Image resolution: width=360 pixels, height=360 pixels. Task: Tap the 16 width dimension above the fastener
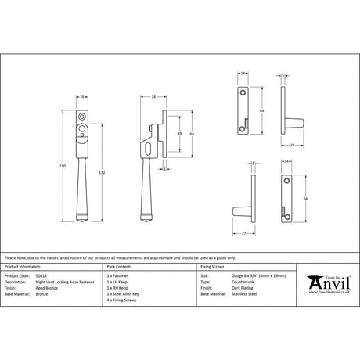pyautogui.click(x=83, y=96)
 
